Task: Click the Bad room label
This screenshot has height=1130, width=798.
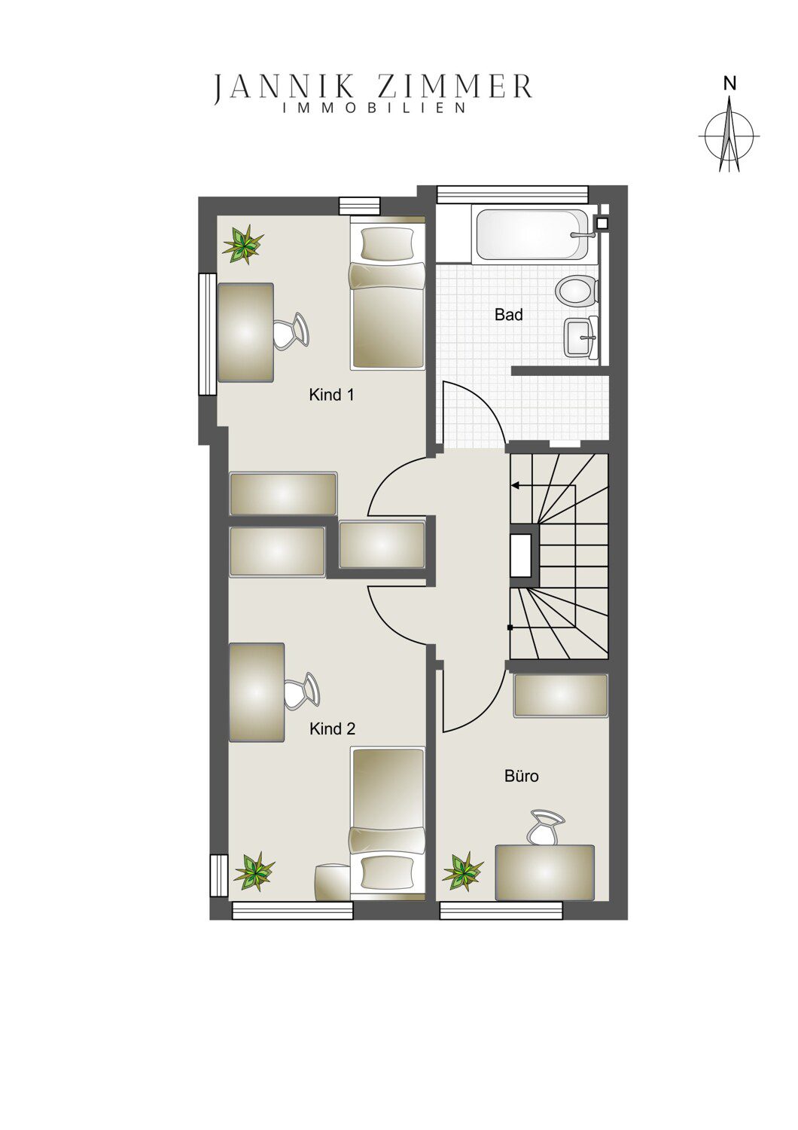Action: click(x=509, y=316)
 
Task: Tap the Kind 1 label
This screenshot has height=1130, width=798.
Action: click(x=331, y=395)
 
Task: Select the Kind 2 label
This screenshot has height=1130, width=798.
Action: click(x=332, y=729)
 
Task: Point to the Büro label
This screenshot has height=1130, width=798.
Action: click(x=522, y=775)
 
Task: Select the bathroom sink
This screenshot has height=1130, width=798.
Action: click(x=581, y=337)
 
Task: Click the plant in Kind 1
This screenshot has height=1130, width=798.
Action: click(x=244, y=246)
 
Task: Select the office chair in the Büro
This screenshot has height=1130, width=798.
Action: click(x=545, y=828)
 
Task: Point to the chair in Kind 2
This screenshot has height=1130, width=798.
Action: click(x=301, y=692)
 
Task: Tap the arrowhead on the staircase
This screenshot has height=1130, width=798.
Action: click(x=515, y=487)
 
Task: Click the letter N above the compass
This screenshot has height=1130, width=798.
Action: click(x=729, y=84)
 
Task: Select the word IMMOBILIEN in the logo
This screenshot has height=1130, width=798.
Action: click(x=375, y=108)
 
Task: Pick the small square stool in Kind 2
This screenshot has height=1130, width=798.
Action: click(x=332, y=882)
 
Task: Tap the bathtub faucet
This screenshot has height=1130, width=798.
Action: click(x=583, y=234)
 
